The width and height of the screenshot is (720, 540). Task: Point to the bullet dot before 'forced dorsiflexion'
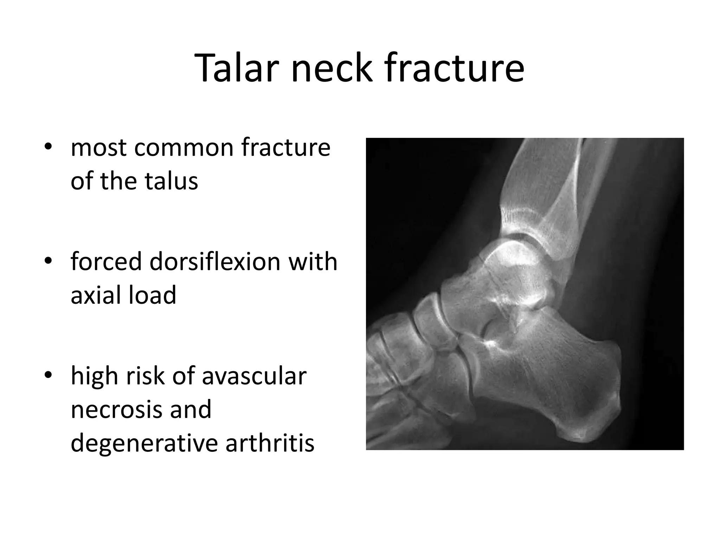[49, 261]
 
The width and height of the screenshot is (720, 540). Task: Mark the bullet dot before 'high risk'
[49, 375]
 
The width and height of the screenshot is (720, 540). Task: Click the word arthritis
[270, 443]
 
